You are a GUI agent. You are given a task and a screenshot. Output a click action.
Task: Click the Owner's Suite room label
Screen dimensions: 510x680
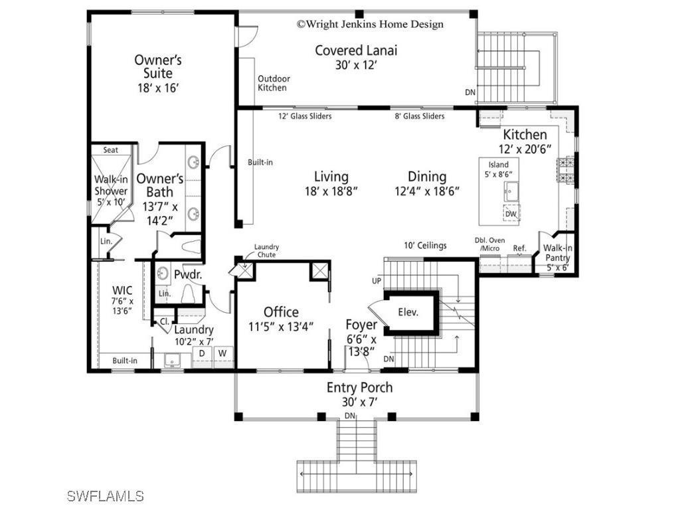[x=158, y=66]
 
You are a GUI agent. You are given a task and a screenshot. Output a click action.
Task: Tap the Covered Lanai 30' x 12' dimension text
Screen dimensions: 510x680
[x=356, y=65]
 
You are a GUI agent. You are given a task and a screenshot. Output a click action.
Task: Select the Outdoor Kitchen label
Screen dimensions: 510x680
[x=273, y=83]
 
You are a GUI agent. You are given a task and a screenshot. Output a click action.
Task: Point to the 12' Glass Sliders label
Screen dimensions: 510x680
[x=305, y=116]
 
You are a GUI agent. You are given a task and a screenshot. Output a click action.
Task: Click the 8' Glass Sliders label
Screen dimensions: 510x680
[x=420, y=116]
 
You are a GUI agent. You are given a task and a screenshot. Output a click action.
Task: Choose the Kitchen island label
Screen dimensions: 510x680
[x=498, y=165]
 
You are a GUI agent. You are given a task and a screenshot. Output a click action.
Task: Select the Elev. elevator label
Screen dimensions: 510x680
[x=408, y=311]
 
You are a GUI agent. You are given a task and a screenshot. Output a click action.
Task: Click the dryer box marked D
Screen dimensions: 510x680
[x=202, y=353]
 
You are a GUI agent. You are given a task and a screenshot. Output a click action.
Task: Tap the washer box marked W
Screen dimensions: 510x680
[x=222, y=353]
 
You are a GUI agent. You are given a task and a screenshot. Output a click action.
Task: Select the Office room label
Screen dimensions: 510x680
[x=281, y=312]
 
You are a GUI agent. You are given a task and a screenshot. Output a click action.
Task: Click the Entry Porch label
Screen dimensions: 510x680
[x=359, y=387]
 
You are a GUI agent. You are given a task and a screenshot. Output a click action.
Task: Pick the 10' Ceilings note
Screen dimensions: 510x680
[x=425, y=245]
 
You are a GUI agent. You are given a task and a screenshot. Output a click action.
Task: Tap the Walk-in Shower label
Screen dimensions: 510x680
[x=110, y=186]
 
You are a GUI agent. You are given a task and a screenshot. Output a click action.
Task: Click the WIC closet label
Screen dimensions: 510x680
[x=122, y=290]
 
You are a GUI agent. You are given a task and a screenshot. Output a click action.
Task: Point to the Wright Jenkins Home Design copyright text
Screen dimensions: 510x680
[x=370, y=24]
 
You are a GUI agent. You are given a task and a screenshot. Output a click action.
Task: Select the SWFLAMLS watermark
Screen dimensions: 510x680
[x=106, y=495]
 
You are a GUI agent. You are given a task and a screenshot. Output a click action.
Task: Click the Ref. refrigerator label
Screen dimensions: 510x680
[x=519, y=248]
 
